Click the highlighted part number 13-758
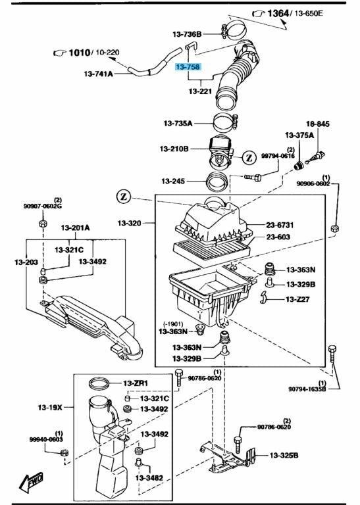(188, 67)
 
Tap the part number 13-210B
(174, 149)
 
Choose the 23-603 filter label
(279, 237)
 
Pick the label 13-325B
(284, 455)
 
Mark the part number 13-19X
(50, 408)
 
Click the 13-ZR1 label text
(136, 383)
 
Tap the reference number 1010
(79, 51)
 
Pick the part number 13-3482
(151, 479)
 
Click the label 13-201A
(76, 228)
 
